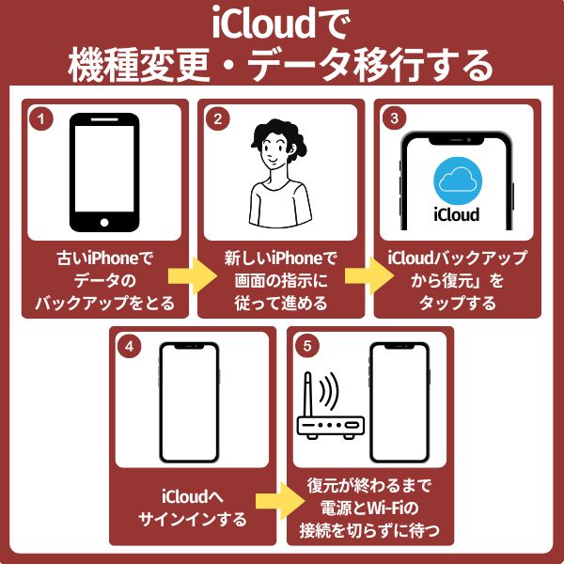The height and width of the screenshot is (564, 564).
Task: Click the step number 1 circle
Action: tap(40, 119)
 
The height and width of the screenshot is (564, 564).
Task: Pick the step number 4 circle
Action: tap(129, 346)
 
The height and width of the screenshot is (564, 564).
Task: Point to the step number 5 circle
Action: tap(305, 346)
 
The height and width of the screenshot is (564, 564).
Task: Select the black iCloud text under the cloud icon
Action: tap(457, 214)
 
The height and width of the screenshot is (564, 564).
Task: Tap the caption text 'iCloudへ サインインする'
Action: tap(193, 508)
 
